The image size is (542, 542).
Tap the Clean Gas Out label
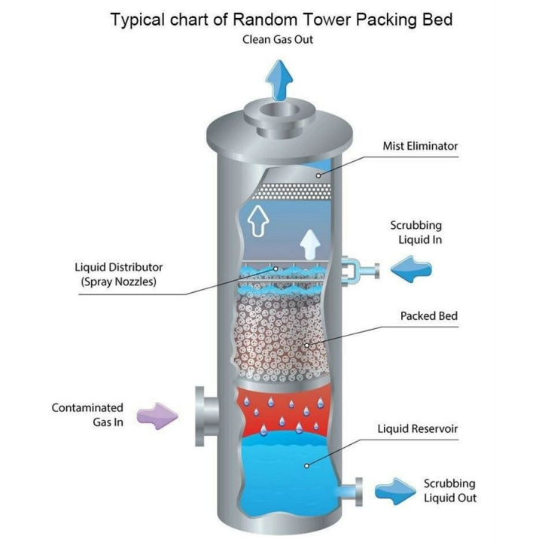(277, 41)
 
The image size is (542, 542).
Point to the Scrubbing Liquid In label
(416, 233)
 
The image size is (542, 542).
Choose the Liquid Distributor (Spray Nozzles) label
(118, 274)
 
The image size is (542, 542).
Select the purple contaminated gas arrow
(156, 414)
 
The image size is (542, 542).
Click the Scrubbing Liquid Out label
(449, 490)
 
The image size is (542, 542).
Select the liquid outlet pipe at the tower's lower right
(352, 490)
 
